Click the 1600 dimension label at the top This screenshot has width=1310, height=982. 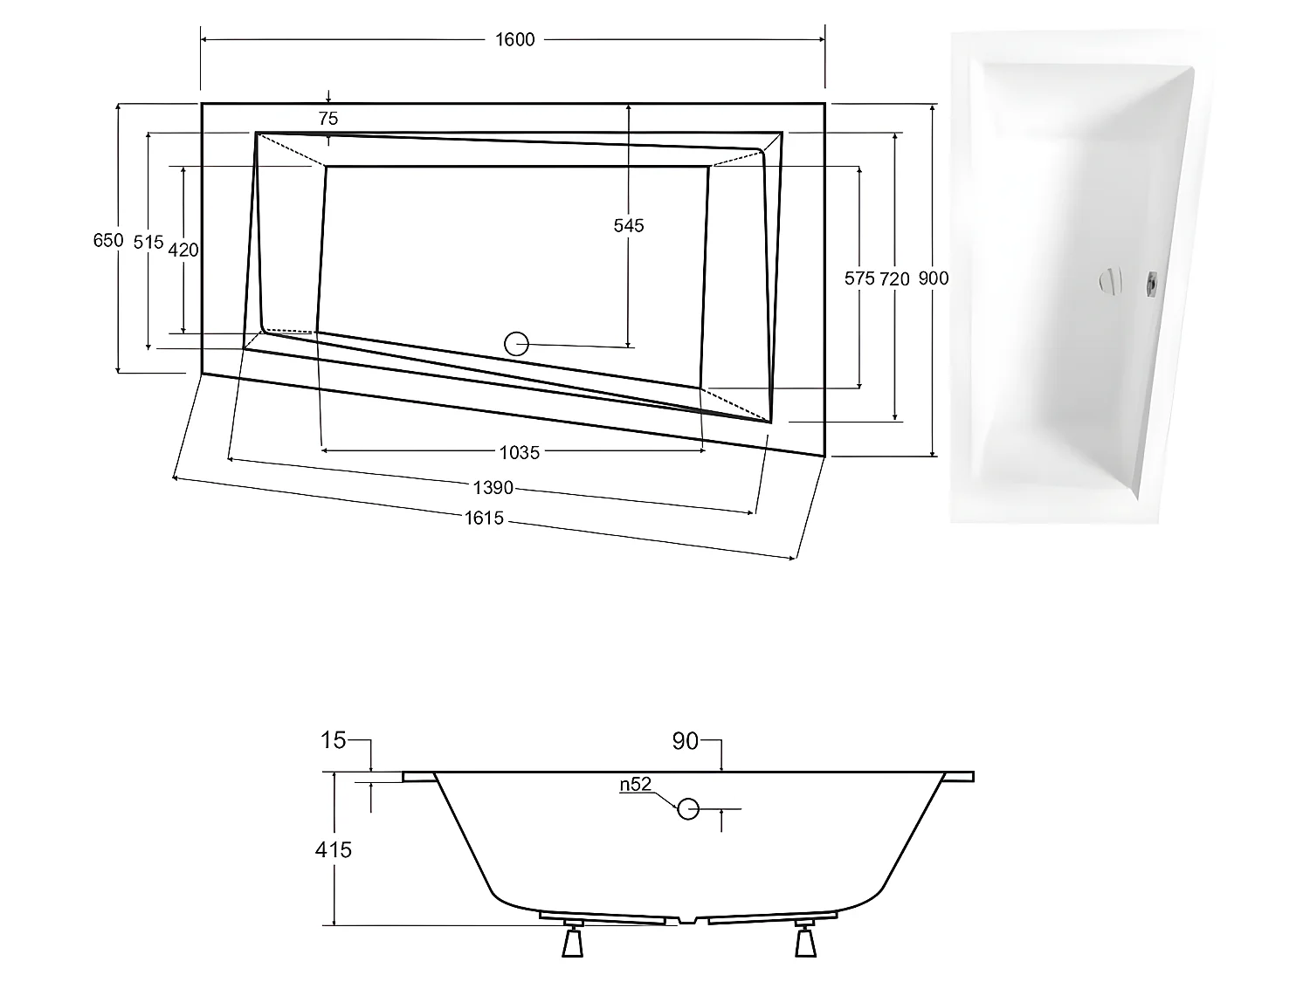(x=514, y=39)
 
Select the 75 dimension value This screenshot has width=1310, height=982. (x=327, y=119)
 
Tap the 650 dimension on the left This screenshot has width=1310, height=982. (x=107, y=240)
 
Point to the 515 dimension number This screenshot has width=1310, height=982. (x=148, y=243)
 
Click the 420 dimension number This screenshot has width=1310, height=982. (x=183, y=251)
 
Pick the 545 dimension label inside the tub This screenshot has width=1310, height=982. (x=628, y=226)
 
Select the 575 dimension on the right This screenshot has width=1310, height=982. (x=859, y=278)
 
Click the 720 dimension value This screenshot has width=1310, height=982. (x=894, y=279)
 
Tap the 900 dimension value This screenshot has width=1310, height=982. (x=933, y=278)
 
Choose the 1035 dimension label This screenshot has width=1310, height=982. (x=519, y=452)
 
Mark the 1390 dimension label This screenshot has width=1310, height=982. (x=493, y=487)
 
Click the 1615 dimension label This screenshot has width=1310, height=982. (x=484, y=518)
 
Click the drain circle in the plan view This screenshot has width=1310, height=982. (x=517, y=344)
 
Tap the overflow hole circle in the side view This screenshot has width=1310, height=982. (x=688, y=809)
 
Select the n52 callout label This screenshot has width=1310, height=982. (x=636, y=785)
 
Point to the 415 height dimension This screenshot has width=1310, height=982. (x=334, y=848)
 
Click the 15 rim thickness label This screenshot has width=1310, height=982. (x=333, y=741)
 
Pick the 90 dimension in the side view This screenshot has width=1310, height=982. (x=685, y=741)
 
